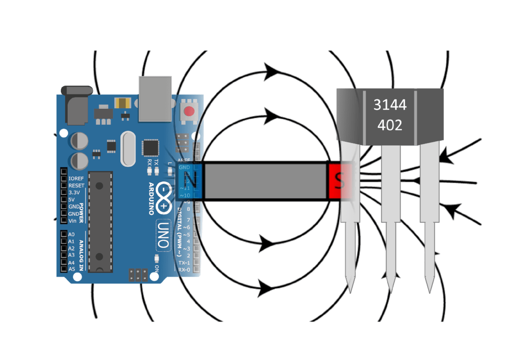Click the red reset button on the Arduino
tap(190, 111)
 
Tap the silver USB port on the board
tap(155, 98)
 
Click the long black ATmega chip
tap(100, 221)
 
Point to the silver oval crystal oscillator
tap(127, 149)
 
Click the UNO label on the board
tap(163, 234)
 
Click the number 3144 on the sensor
tap(390, 105)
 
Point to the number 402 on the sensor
tap(390, 125)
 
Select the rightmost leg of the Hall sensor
tap(429, 212)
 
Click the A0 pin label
tap(71, 235)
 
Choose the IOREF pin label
tap(76, 179)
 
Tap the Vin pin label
tap(73, 221)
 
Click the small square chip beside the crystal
tap(150, 148)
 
